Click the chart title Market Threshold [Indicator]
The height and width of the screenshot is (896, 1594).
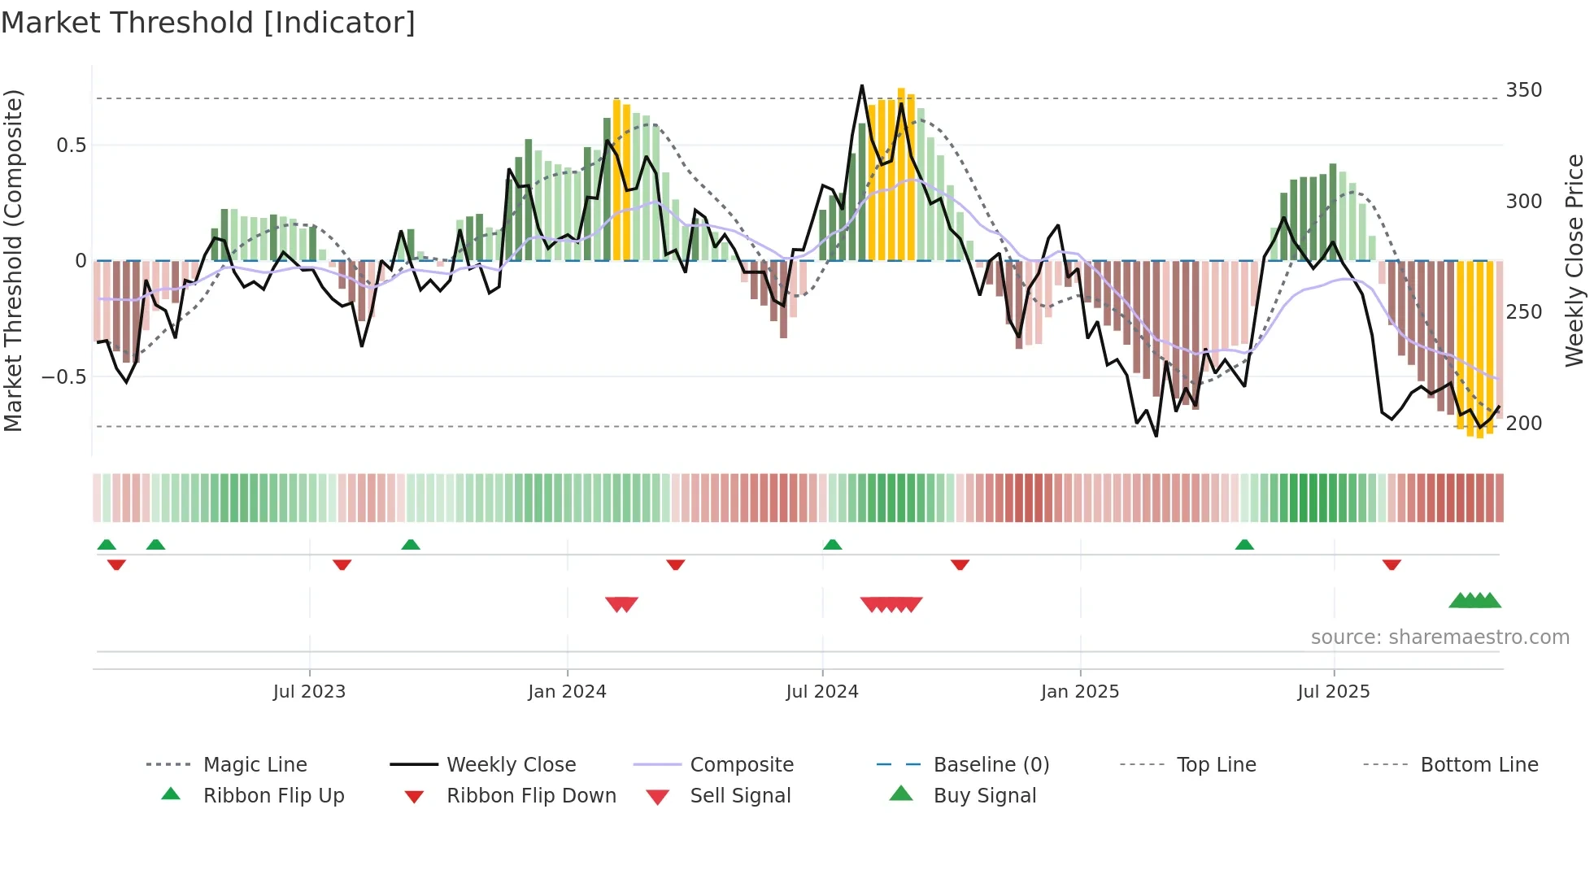tap(208, 23)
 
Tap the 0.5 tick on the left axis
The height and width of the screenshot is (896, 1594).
tap(71, 146)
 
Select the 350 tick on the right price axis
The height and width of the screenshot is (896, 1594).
tap(1523, 90)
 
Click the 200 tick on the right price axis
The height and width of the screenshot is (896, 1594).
tap(1523, 424)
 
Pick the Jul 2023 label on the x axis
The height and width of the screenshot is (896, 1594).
tap(309, 692)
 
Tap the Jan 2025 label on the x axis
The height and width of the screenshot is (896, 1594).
tap(1079, 692)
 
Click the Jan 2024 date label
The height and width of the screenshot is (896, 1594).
tap(567, 692)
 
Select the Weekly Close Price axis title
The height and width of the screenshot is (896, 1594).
tap(1574, 260)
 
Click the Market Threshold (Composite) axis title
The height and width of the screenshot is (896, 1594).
tap(13, 260)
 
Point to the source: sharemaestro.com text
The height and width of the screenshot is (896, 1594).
tap(1439, 637)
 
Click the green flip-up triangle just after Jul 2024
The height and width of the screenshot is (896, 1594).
tap(832, 545)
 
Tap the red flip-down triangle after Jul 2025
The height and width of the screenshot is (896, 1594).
tap(1391, 564)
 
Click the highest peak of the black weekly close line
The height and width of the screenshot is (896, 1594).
tap(862, 85)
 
